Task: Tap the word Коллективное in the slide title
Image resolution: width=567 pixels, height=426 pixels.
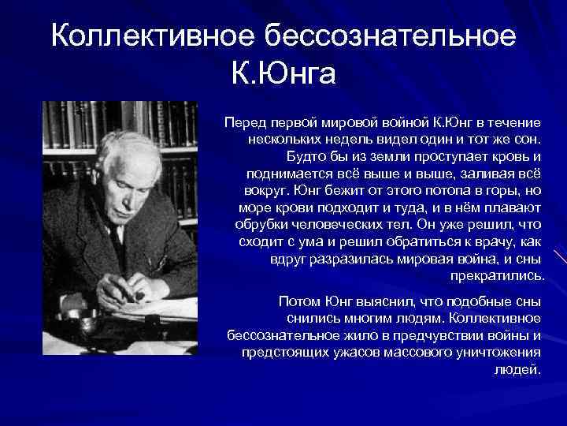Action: [150, 36]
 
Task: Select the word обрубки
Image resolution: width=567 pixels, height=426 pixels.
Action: [261, 226]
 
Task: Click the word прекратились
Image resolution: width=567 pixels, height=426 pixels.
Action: [497, 276]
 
